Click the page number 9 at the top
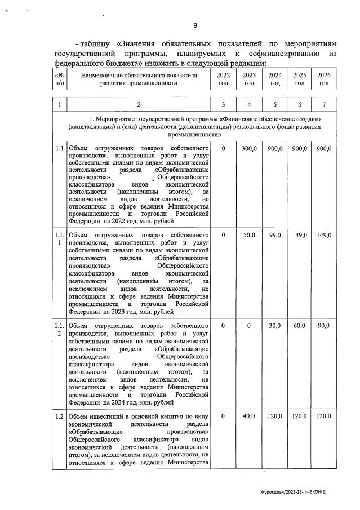[195, 25]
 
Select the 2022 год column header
[223, 79]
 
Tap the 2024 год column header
[275, 79]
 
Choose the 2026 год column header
[324, 79]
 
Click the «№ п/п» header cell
[60, 79]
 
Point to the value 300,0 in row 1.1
[249, 148]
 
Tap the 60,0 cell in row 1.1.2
[299, 326]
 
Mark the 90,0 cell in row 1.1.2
[324, 326]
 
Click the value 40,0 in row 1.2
[249, 416]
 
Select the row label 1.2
[60, 416]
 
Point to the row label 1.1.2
[60, 330]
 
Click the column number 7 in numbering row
[324, 105]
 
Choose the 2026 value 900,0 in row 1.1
[324, 148]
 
